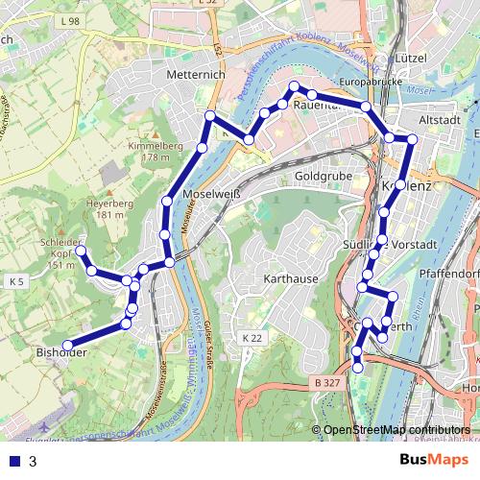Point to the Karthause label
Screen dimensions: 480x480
tap(290, 278)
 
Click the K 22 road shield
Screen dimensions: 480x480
tap(252, 338)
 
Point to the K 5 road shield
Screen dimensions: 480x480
tap(16, 282)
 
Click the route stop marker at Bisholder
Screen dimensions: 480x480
tap(68, 346)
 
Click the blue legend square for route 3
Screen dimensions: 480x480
tap(12, 461)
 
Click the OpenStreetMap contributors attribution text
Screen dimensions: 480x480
tap(396, 430)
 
